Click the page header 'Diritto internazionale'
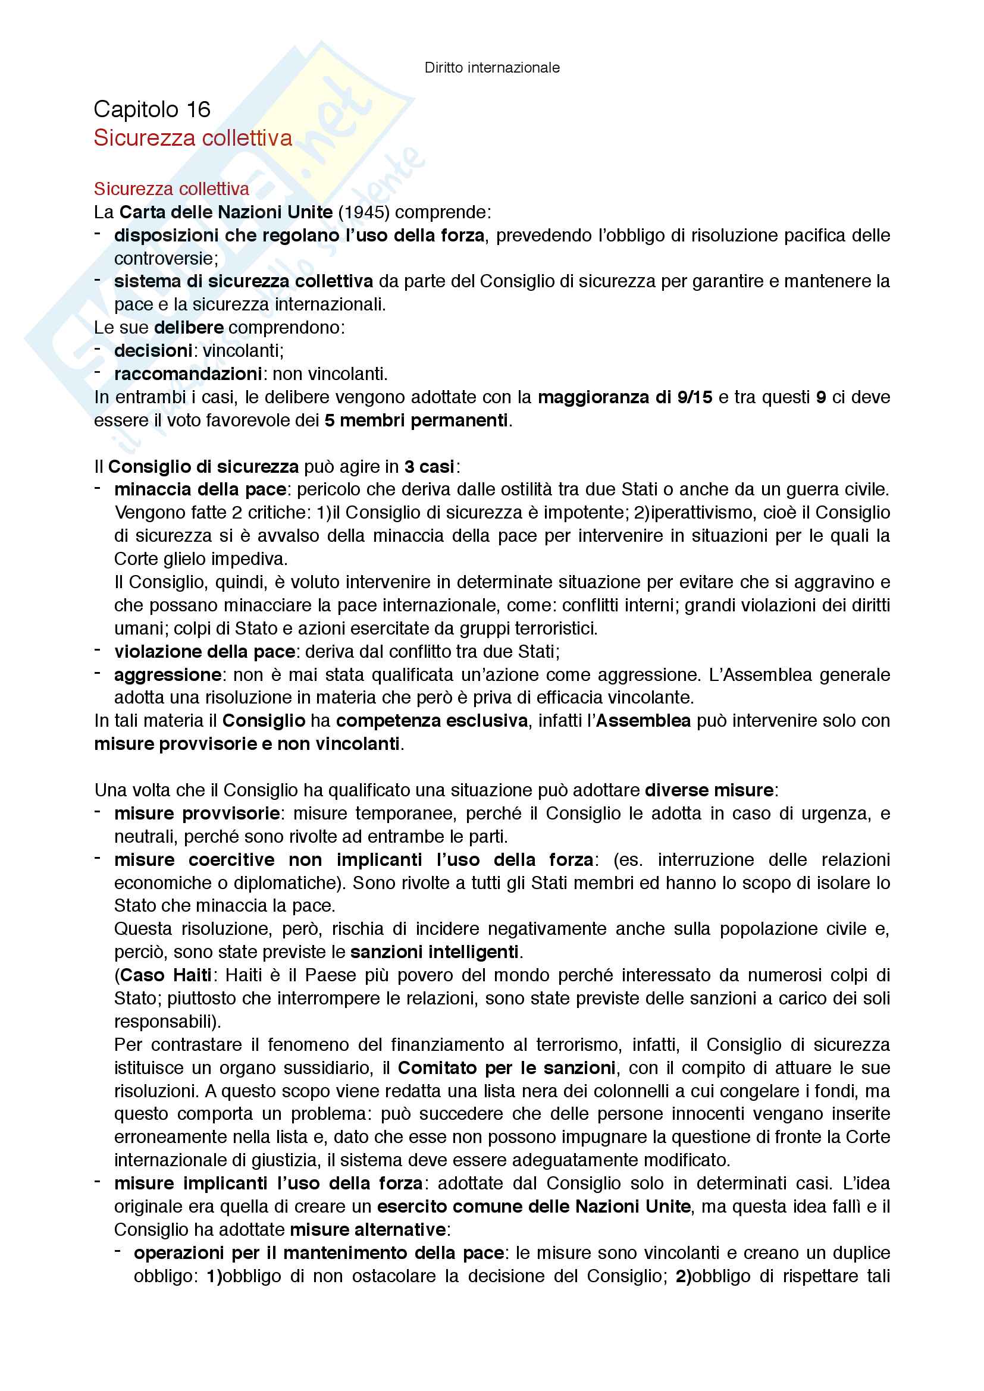coord(491,68)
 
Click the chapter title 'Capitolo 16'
coord(152,109)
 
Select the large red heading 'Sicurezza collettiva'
coord(193,138)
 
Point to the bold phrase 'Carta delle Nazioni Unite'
coord(226,213)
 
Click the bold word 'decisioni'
coord(153,351)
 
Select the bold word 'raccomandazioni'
coord(188,374)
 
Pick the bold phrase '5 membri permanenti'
coord(416,420)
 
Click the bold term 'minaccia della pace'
coord(200,489)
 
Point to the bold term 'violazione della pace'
coord(205,652)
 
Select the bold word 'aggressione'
coord(168,675)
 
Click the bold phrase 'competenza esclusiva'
coord(432,721)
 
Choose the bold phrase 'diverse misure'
coord(709,790)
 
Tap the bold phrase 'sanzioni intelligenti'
coord(434,952)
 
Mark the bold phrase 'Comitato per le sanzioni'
coord(506,1068)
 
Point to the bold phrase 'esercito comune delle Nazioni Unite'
coord(534,1207)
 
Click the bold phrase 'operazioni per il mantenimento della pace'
coord(319,1253)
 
